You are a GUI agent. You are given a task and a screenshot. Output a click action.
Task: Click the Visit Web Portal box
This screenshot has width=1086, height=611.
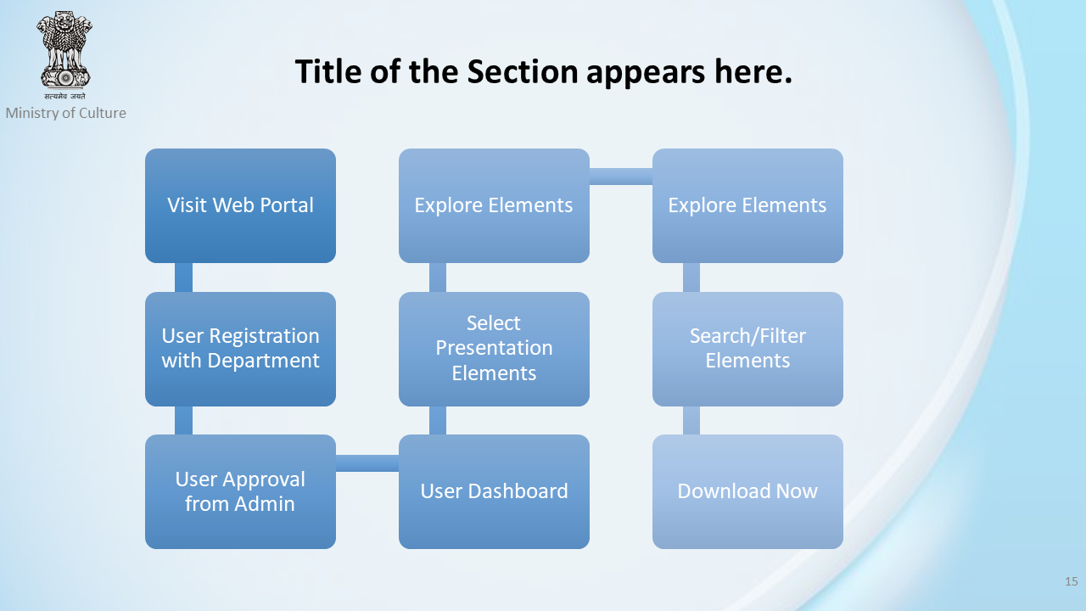[x=240, y=205]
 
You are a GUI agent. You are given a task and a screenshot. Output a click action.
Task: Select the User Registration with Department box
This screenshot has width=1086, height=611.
[x=240, y=349]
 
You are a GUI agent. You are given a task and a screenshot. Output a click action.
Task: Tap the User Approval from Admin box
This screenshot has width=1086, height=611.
[x=240, y=491]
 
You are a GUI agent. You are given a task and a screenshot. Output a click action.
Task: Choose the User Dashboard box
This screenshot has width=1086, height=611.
[x=494, y=491]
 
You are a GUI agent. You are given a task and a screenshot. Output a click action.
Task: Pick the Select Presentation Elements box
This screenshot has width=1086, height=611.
[x=494, y=349]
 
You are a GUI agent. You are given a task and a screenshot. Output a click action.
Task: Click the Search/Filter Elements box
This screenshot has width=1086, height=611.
[x=747, y=349]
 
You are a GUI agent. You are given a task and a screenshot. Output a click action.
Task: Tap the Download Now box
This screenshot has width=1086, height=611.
[x=747, y=491]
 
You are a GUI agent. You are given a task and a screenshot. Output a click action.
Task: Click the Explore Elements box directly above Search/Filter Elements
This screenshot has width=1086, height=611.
[x=747, y=205]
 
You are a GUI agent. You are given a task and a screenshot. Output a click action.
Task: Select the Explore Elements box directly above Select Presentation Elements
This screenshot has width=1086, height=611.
[x=494, y=205]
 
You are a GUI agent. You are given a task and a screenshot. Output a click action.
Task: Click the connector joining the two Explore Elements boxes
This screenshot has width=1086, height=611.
[x=621, y=177]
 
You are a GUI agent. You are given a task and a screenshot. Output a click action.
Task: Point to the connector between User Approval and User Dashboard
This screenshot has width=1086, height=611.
[x=367, y=463]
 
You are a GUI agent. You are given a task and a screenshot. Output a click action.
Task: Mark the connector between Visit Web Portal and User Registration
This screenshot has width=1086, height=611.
[x=184, y=277]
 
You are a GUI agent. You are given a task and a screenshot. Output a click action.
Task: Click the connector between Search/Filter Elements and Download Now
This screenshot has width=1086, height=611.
[x=691, y=420]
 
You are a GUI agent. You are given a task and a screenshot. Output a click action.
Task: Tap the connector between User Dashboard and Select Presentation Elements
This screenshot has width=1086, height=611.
[x=438, y=420]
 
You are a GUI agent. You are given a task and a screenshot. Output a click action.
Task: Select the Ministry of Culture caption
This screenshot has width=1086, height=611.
[x=66, y=113]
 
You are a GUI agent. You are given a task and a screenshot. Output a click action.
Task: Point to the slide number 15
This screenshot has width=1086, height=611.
[x=1072, y=581]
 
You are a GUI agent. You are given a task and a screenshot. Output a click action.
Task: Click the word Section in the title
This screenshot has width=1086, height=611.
[x=522, y=72]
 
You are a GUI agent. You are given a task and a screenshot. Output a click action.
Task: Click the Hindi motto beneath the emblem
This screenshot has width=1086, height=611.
[x=65, y=96]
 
